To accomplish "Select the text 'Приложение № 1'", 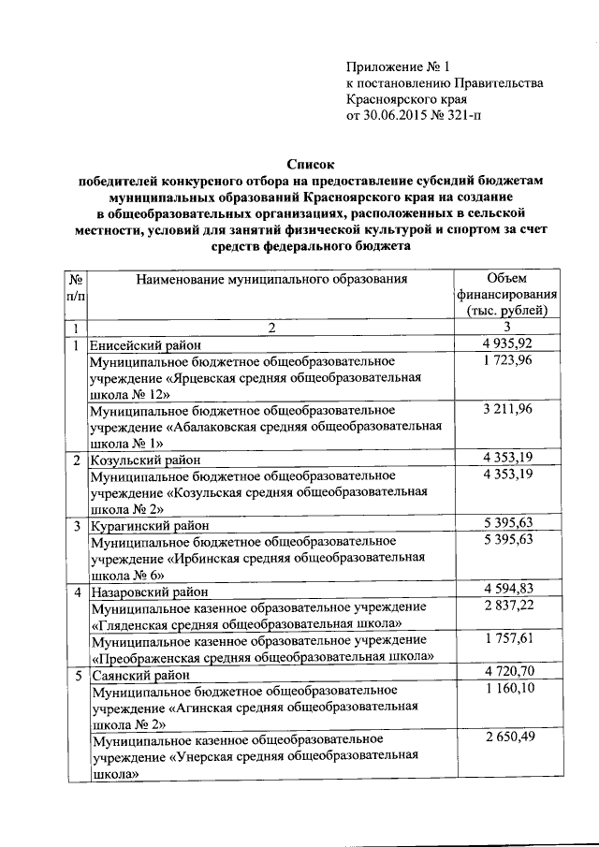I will click(398, 66).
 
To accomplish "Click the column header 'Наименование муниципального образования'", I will click(271, 278).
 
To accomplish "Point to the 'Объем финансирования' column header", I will click(507, 294).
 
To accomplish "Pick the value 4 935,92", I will click(507, 344).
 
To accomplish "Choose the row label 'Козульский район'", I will click(139, 460).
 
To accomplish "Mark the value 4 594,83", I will click(507, 590).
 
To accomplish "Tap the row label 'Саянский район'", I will click(135, 674).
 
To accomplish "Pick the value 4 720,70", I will click(507, 673).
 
